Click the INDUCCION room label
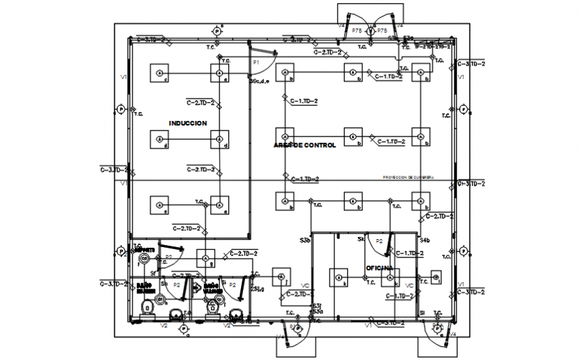pos(188,123)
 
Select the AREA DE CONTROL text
pos(305,145)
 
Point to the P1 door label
pos(255,62)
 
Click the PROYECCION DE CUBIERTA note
pos(408,177)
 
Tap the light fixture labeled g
pos(206,258)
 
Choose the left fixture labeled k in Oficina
pos(339,277)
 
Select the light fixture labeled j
pos(281,277)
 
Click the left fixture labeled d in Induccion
pos(159,139)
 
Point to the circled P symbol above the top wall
pos(216,31)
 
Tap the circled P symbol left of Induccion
pos(121,108)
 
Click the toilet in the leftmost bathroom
pos(147,309)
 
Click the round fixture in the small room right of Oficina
pos(435,277)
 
